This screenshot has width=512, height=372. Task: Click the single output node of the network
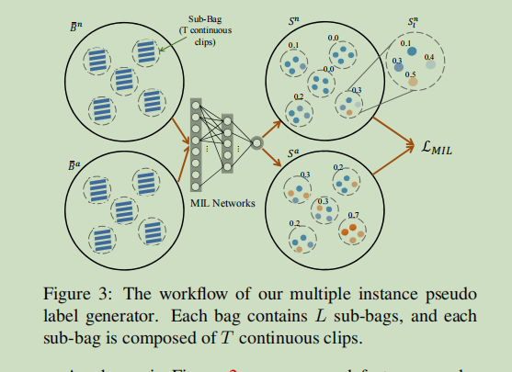(257, 142)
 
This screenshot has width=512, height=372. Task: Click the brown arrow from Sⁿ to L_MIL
(396, 121)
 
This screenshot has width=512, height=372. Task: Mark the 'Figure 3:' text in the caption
(73, 295)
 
